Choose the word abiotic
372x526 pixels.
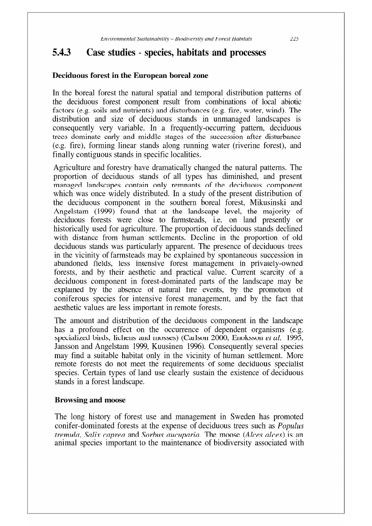291,102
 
